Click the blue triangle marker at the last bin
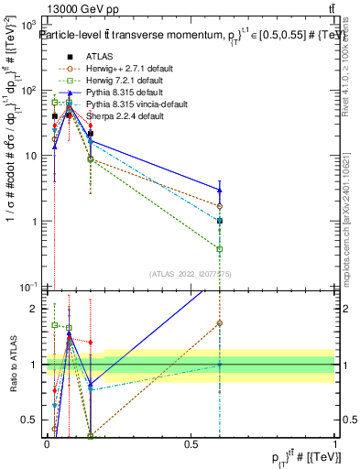tap(220, 190)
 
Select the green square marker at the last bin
tap(220, 248)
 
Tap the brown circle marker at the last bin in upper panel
tap(220, 205)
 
